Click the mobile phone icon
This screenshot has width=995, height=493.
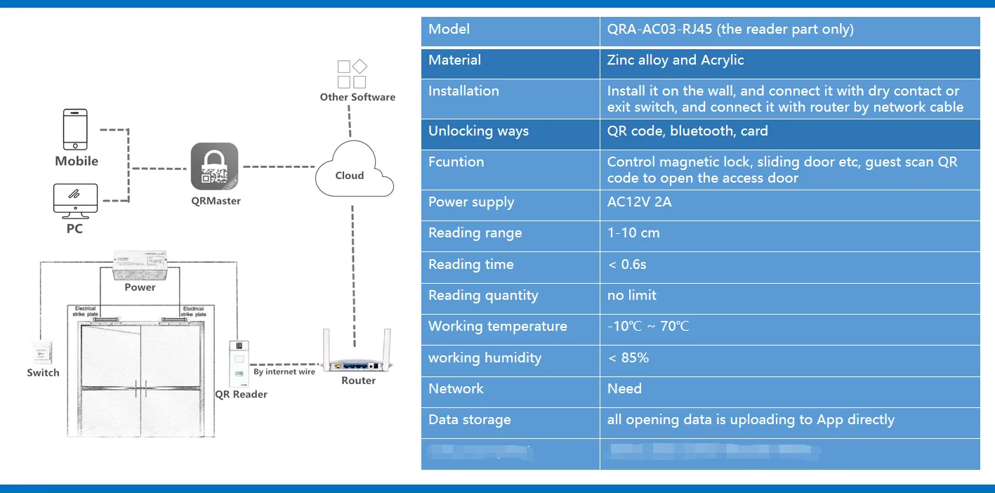pyautogui.click(x=75, y=129)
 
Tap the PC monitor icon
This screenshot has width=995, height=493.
pyautogui.click(x=75, y=201)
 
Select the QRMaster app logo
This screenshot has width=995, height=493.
pyautogui.click(x=215, y=166)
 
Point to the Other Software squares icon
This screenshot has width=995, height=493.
pyautogui.click(x=352, y=74)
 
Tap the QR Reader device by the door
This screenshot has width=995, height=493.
pyautogui.click(x=239, y=363)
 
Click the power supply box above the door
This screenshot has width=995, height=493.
pyautogui.click(x=140, y=266)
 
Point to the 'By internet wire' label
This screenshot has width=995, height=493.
pyautogui.click(x=284, y=372)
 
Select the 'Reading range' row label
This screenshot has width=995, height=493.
pyautogui.click(x=475, y=233)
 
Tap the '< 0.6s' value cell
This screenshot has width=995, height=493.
pyautogui.click(x=627, y=265)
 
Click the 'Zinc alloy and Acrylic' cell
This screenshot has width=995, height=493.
pyautogui.click(x=675, y=60)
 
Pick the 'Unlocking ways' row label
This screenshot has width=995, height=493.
pyautogui.click(x=478, y=131)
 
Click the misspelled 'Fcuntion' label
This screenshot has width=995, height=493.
pyautogui.click(x=456, y=162)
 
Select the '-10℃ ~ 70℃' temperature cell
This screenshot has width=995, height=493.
pyautogui.click(x=647, y=327)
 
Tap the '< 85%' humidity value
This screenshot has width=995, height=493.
pyautogui.click(x=628, y=358)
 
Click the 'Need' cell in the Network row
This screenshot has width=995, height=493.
pyautogui.click(x=624, y=389)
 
